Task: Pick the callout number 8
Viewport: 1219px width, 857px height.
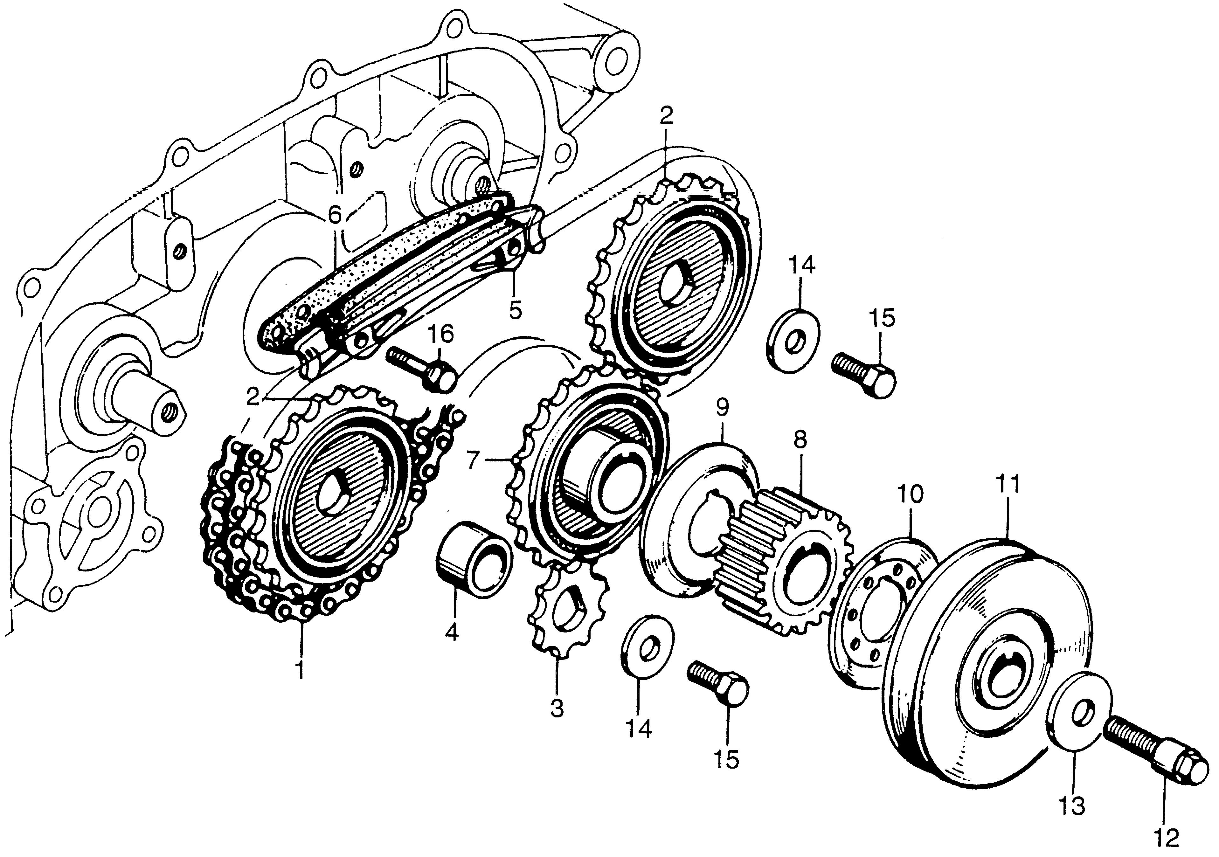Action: [800, 440]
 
